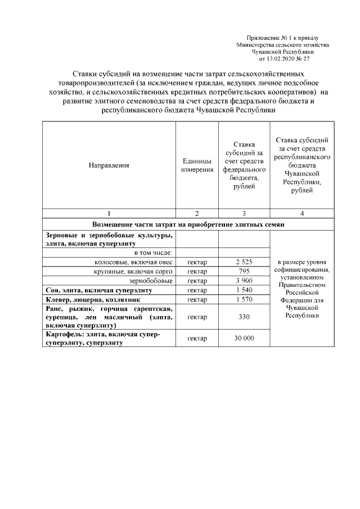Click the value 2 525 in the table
[x=244, y=262]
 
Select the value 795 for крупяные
[x=244, y=272]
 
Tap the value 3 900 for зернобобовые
[x=244, y=281]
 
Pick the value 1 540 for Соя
[x=244, y=290]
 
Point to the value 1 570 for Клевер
[x=244, y=300]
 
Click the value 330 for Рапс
[x=244, y=317]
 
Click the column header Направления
[x=109, y=165]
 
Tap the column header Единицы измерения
[x=197, y=165]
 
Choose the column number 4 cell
[x=302, y=213]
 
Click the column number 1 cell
[x=109, y=213]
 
